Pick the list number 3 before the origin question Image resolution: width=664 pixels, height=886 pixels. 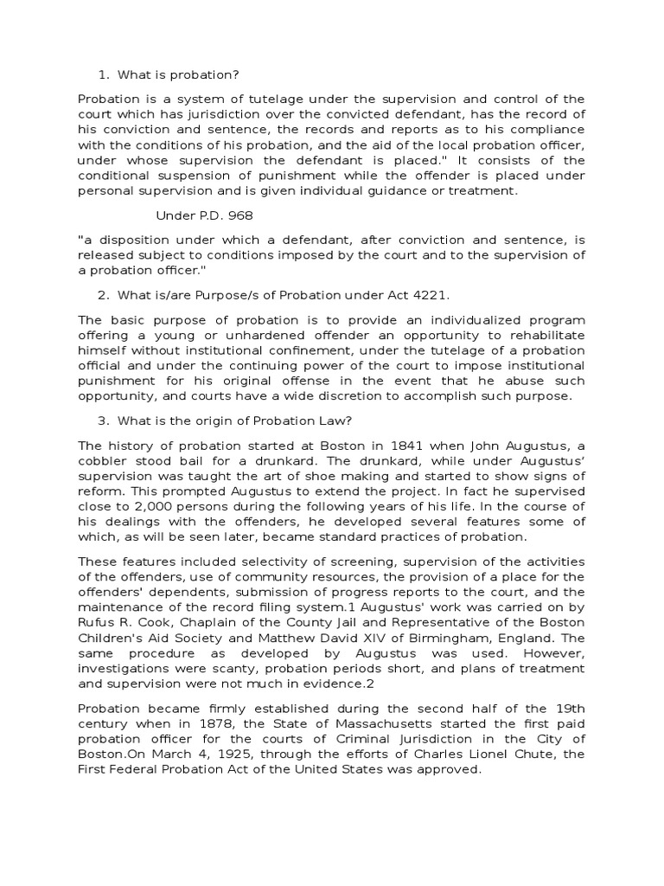(x=102, y=421)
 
